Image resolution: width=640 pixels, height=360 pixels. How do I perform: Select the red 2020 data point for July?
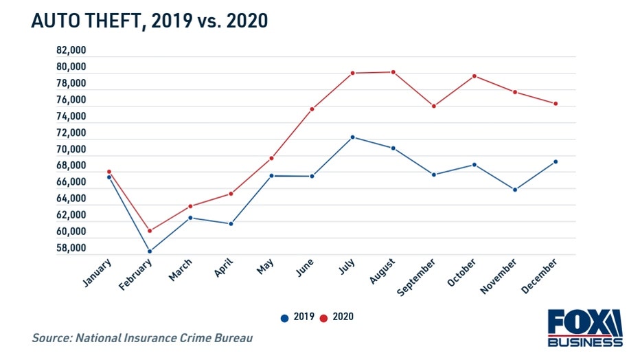click(x=352, y=73)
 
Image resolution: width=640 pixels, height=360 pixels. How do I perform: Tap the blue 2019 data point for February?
click(x=150, y=251)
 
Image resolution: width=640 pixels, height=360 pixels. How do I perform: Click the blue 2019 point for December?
click(x=556, y=161)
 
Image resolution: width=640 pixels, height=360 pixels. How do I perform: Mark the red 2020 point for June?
click(x=312, y=109)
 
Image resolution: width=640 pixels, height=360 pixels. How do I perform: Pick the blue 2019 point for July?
click(x=352, y=137)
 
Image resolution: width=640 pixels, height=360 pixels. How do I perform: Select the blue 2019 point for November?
click(x=515, y=190)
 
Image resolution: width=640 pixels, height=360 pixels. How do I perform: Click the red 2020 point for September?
click(x=434, y=106)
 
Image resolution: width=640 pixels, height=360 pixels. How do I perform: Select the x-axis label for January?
click(x=98, y=273)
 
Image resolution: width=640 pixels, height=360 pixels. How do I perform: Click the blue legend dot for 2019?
click(x=284, y=317)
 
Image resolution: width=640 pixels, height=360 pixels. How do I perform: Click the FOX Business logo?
click(x=584, y=328)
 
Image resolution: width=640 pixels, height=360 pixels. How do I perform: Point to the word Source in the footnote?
click(x=53, y=338)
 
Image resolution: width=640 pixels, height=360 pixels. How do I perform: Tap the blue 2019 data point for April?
click(x=231, y=223)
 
